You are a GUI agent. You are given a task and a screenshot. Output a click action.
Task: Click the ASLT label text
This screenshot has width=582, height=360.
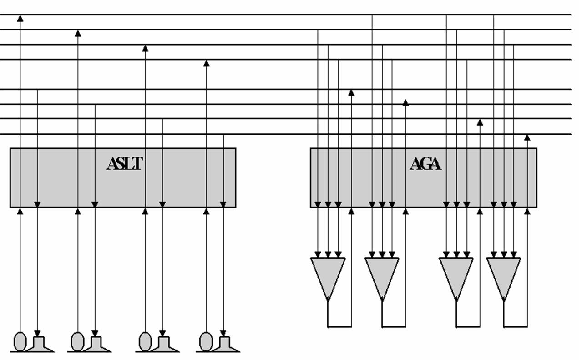[124, 163]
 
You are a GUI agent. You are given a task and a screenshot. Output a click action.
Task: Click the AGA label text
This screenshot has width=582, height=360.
[425, 163]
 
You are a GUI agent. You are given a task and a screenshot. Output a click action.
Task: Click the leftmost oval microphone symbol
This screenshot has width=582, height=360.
[20, 341]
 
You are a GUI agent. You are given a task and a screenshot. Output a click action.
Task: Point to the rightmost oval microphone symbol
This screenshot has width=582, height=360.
[206, 341]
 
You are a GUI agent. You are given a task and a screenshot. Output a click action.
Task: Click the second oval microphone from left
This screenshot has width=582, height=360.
[78, 341]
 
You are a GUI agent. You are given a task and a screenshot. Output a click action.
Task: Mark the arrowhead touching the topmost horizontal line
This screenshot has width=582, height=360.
[20, 18]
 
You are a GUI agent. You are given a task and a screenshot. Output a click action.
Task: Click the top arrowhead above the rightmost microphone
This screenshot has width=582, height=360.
[206, 63]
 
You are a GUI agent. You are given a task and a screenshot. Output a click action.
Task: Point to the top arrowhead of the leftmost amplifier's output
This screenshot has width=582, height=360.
[351, 93]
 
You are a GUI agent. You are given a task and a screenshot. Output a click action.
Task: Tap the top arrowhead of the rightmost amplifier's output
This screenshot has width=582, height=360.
[527, 137]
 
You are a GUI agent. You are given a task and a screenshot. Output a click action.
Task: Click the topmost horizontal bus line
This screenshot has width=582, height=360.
[291, 15]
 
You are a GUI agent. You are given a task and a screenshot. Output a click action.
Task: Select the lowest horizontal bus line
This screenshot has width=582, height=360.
[291, 134]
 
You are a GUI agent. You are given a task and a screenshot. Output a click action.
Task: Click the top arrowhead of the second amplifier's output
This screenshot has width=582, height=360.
[405, 103]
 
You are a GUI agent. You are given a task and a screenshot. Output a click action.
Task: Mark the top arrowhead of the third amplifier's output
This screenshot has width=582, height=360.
[480, 122]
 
